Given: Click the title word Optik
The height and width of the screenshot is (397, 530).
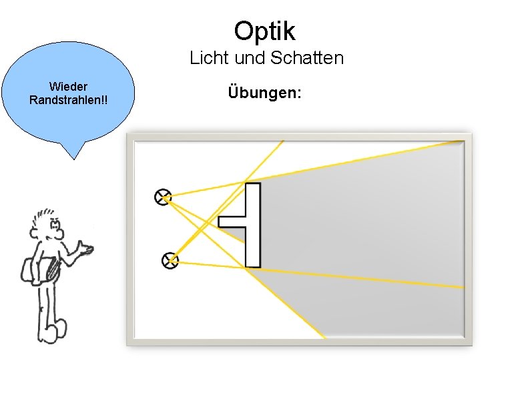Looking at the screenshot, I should pos(264,31).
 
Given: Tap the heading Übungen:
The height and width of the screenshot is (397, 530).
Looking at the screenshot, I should pos(264,92).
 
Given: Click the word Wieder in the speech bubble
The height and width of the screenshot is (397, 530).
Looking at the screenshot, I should pos(69,87).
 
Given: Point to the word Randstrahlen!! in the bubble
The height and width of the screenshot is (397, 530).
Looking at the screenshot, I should pos(69,100).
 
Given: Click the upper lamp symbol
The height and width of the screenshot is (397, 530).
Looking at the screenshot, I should pos(163,197).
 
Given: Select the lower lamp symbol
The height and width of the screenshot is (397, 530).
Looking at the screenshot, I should pos(170,260).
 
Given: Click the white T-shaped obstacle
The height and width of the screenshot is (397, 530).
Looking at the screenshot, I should pos(252,224).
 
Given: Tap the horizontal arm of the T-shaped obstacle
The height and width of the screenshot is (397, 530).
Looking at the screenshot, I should pos(232,221).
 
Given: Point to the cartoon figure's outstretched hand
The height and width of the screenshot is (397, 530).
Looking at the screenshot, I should pos(85,250).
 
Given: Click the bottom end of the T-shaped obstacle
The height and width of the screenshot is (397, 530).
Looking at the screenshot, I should pos(252,264).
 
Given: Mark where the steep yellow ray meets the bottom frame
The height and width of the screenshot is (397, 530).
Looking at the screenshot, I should pos(324,338).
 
